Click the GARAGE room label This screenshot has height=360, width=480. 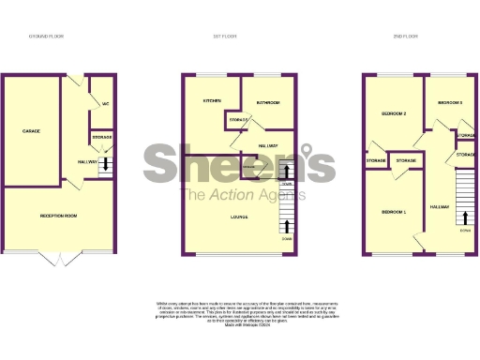pyautogui.click(x=31, y=131)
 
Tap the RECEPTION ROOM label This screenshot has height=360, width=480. pyautogui.click(x=58, y=217)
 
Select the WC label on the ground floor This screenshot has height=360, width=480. pyautogui.click(x=105, y=103)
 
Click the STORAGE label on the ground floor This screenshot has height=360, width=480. pyautogui.click(x=101, y=138)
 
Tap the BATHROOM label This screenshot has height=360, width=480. pyautogui.click(x=269, y=102)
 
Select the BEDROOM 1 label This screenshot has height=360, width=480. pyautogui.click(x=394, y=212)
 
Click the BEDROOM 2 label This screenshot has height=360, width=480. pyautogui.click(x=393, y=112)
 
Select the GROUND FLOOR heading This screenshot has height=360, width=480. pyautogui.click(x=47, y=37)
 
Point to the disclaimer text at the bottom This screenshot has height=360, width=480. pyautogui.click(x=240, y=313)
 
